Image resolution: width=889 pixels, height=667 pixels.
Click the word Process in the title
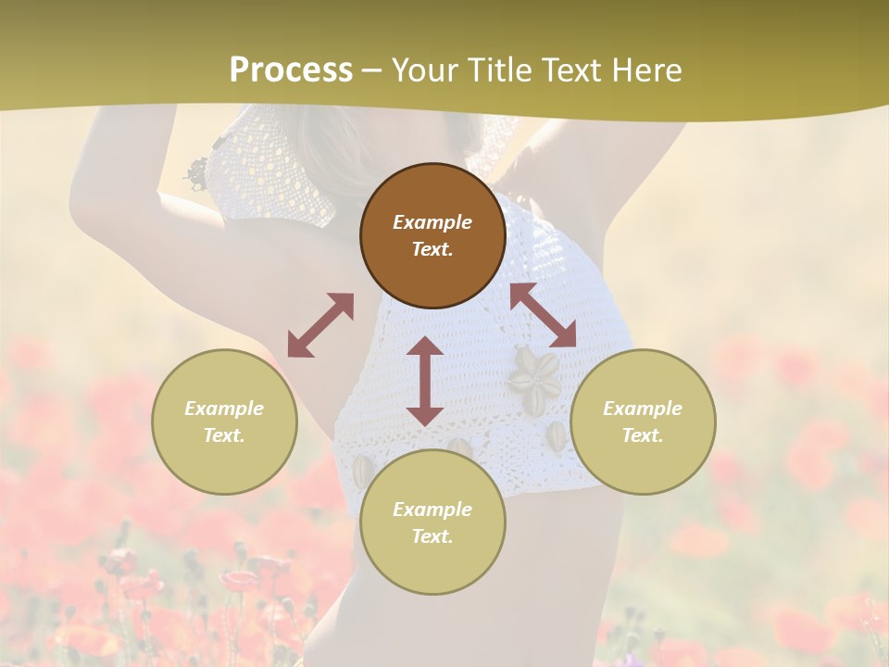click(291, 70)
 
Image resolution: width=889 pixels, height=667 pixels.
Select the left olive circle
click(224, 422)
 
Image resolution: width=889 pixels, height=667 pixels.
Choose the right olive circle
click(643, 422)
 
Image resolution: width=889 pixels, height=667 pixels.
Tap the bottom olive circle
click(432, 522)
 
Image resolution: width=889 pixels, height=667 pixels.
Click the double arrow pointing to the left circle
click(320, 325)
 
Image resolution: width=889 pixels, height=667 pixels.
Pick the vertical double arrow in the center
click(425, 381)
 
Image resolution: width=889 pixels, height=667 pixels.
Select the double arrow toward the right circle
click(544, 315)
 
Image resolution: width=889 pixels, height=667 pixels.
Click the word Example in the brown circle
click(432, 222)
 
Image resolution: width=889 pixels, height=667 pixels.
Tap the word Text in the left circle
click(224, 435)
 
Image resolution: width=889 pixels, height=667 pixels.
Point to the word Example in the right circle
click(643, 409)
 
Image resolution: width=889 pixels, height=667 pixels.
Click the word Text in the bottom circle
click(432, 536)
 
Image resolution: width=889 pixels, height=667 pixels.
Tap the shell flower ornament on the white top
click(535, 380)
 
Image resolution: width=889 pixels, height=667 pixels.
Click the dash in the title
click(372, 71)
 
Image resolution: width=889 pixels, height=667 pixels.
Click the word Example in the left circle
click(224, 409)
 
